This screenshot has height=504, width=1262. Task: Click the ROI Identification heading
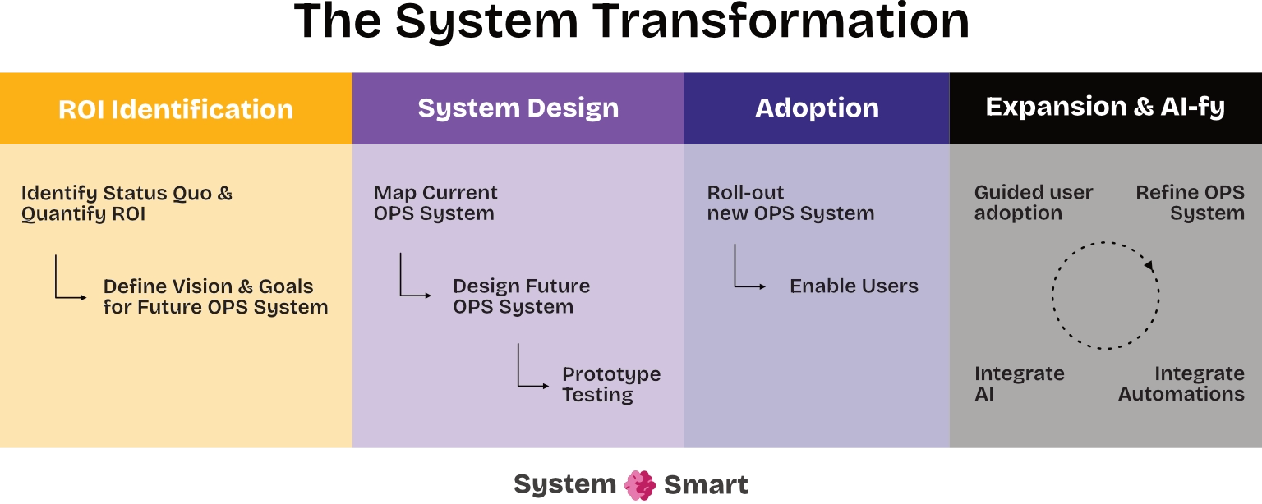[176, 110]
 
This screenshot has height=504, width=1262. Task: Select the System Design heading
[518, 108]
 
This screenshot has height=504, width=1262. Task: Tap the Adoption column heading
[817, 108]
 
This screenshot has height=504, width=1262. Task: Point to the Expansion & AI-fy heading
[1105, 107]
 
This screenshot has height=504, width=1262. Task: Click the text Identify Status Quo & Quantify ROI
[127, 204]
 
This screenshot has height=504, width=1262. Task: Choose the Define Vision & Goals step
[215, 297]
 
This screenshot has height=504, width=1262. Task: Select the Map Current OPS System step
[435, 204]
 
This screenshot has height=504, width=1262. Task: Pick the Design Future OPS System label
[521, 297]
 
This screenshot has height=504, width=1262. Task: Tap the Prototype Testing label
[610, 384]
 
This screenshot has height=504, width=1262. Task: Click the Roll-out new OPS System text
[790, 204]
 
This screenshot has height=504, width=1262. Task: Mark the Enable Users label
[854, 286]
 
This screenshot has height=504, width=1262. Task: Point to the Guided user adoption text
[1034, 204]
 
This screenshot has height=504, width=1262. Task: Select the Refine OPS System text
[1190, 204]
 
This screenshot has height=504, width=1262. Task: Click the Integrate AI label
[1019, 384]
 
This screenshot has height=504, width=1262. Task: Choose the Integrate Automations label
[1181, 384]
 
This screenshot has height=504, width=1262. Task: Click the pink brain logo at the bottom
[640, 485]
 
